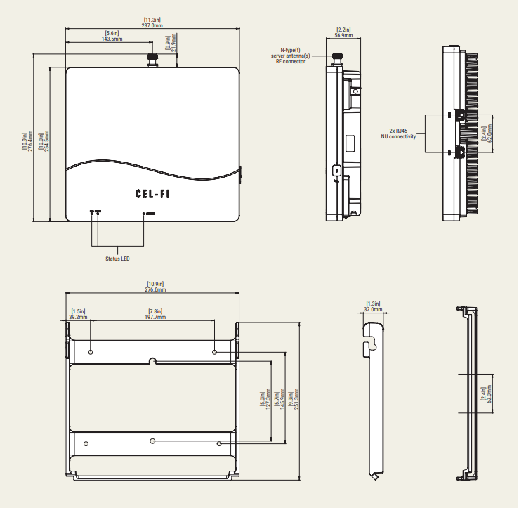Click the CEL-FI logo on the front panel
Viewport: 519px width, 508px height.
(x=152, y=194)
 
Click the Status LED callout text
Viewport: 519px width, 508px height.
(x=117, y=259)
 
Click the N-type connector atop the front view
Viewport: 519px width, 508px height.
(x=152, y=60)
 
